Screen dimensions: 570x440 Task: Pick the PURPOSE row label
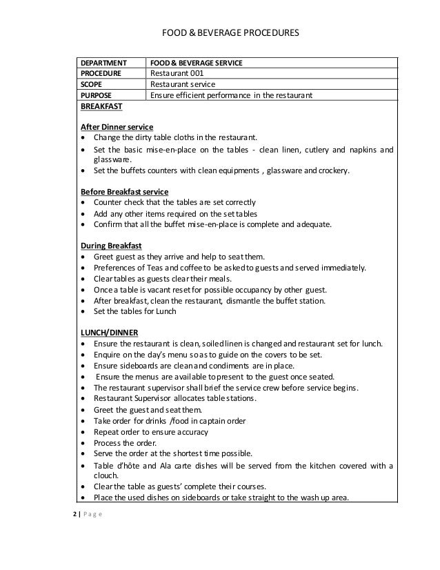coord(99,95)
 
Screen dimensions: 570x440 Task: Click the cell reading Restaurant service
coord(183,84)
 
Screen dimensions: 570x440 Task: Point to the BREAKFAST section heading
coord(103,107)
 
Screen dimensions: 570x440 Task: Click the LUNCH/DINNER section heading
coord(110,333)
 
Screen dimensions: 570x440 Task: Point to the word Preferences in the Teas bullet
coord(118,268)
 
